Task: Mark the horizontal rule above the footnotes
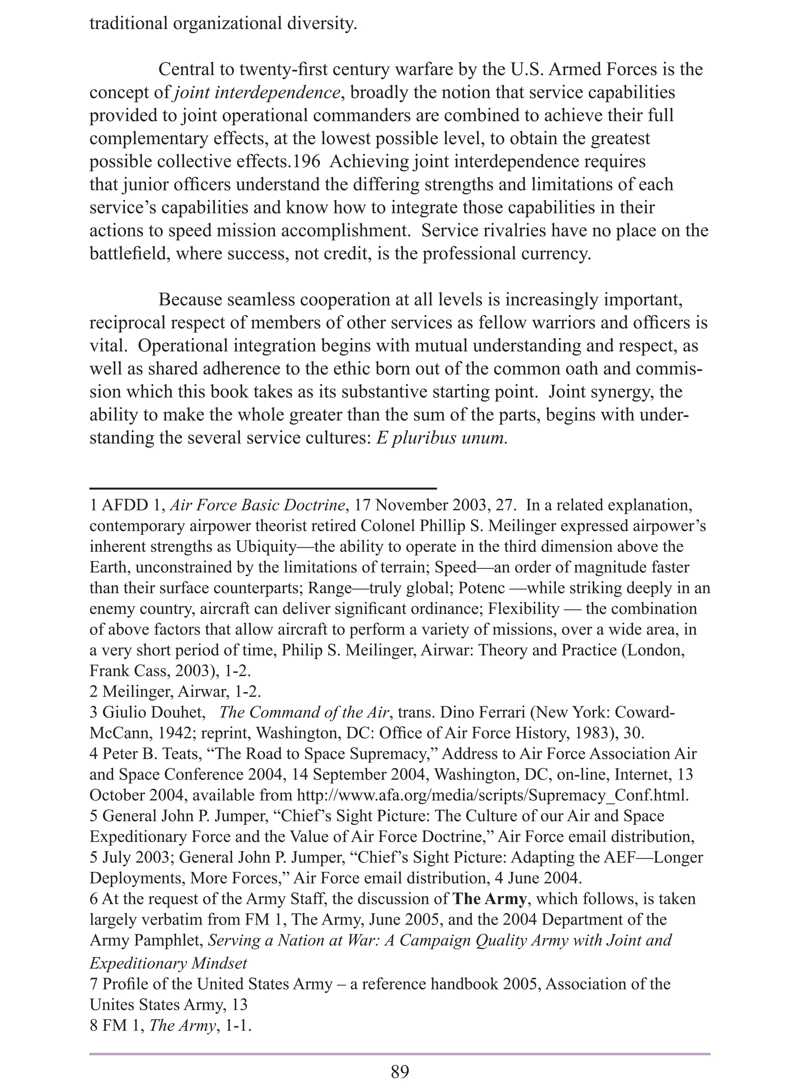pyautogui.click(x=263, y=488)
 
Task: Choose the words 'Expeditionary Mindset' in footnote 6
pyautogui.click(x=168, y=964)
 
